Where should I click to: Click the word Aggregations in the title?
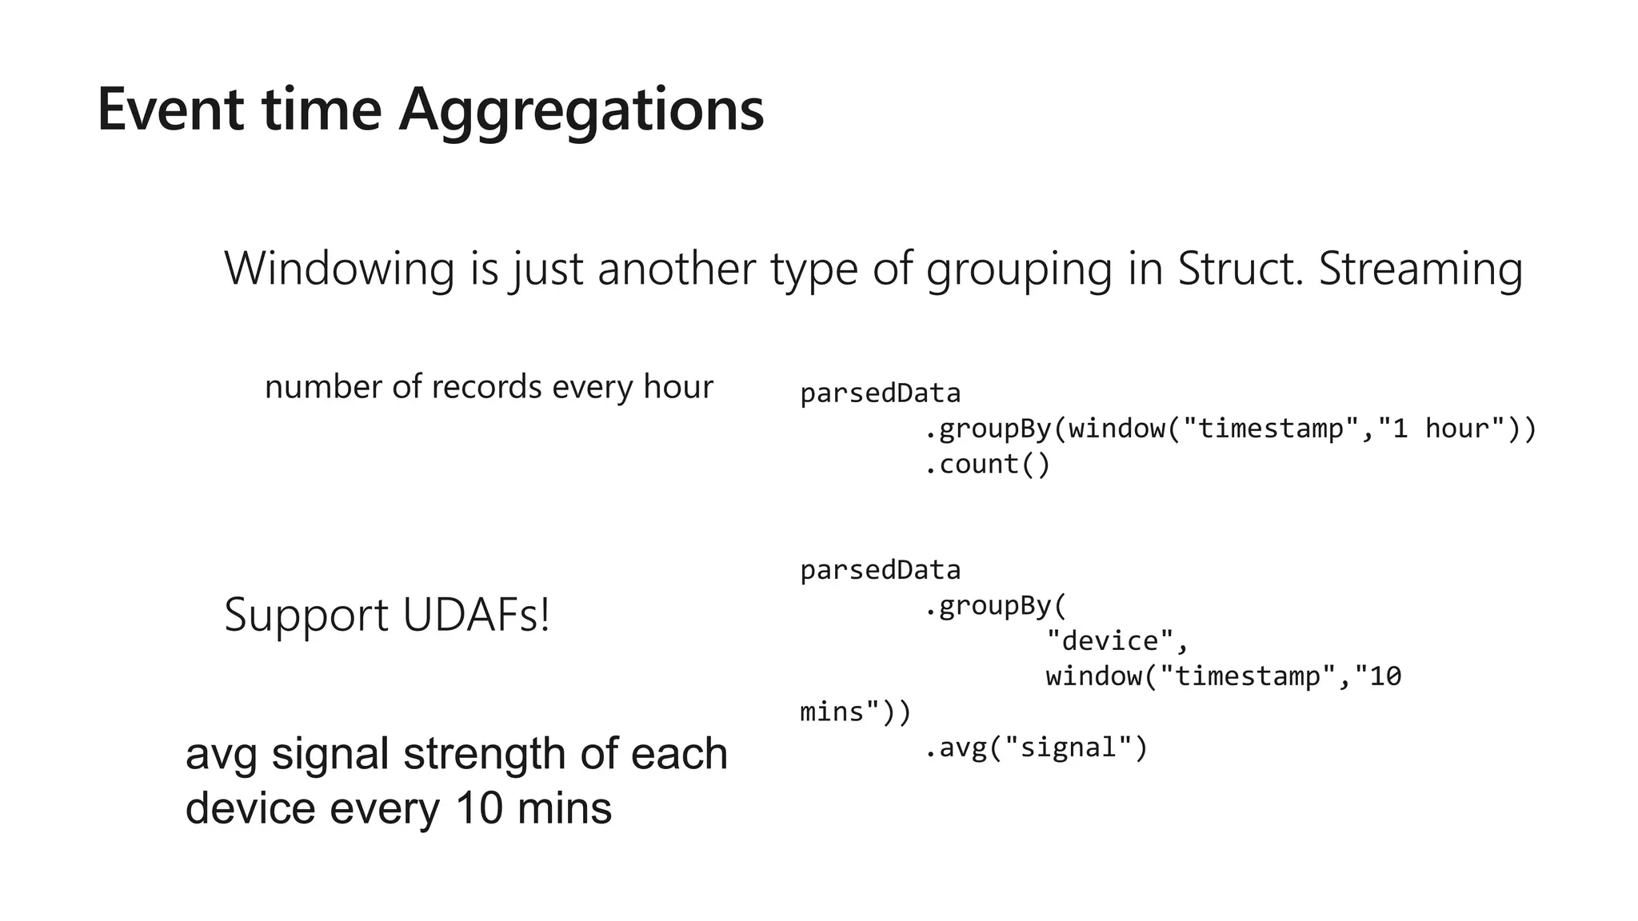point(581,110)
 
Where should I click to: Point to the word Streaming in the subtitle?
point(1420,269)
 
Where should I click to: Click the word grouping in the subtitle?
point(1018,269)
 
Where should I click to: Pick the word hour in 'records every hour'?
point(678,387)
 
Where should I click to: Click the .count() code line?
point(987,464)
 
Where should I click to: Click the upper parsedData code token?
point(880,393)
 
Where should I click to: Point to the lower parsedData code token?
point(880,570)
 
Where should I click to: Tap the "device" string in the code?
point(1109,640)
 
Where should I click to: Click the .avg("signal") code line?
point(1037,748)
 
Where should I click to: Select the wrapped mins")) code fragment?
point(855,712)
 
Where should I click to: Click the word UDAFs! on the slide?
point(477,615)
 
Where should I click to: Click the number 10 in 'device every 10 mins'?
point(478,808)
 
